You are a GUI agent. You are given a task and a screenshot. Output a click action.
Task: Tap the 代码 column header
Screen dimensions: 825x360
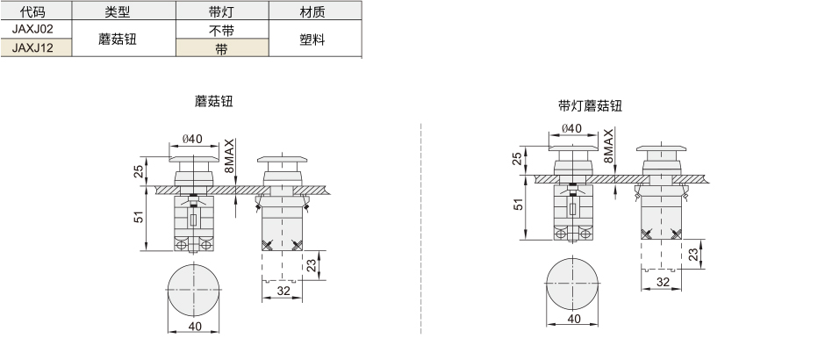pyautogui.click(x=32, y=11)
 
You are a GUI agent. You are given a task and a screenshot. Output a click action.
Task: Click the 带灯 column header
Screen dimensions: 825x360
pyautogui.click(x=222, y=11)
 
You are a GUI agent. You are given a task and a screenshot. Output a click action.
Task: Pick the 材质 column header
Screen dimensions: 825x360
pyautogui.click(x=312, y=11)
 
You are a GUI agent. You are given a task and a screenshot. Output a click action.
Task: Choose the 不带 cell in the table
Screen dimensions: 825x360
pyautogui.click(x=222, y=30)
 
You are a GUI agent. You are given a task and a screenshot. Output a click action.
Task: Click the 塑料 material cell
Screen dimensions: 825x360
pyautogui.click(x=312, y=39)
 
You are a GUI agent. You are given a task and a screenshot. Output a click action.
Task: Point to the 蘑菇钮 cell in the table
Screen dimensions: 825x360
pyautogui.click(x=118, y=39)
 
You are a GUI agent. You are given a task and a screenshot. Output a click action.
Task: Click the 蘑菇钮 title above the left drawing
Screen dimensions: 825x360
pyautogui.click(x=213, y=101)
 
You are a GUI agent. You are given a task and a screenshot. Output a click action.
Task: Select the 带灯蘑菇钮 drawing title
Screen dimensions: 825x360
pyautogui.click(x=591, y=105)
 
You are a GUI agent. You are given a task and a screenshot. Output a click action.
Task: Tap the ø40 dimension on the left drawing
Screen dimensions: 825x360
pyautogui.click(x=192, y=139)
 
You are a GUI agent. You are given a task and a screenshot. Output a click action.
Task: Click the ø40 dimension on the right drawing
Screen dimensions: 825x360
pyautogui.click(x=572, y=128)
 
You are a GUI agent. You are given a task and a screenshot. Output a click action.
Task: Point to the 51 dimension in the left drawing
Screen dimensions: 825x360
pyautogui.click(x=139, y=216)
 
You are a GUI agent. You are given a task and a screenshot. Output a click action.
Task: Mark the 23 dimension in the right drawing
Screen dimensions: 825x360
pyautogui.click(x=694, y=255)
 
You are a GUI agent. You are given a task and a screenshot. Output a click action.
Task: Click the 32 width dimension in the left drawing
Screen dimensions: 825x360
pyautogui.click(x=283, y=291)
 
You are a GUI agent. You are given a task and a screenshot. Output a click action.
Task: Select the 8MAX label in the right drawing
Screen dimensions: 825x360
pyautogui.click(x=608, y=146)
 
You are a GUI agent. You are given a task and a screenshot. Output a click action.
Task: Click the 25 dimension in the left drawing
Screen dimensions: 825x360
pyautogui.click(x=139, y=171)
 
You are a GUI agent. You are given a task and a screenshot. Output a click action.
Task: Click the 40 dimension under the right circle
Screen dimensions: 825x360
pyautogui.click(x=574, y=319)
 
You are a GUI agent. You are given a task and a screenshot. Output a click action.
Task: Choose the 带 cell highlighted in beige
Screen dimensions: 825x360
pyautogui.click(x=222, y=48)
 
